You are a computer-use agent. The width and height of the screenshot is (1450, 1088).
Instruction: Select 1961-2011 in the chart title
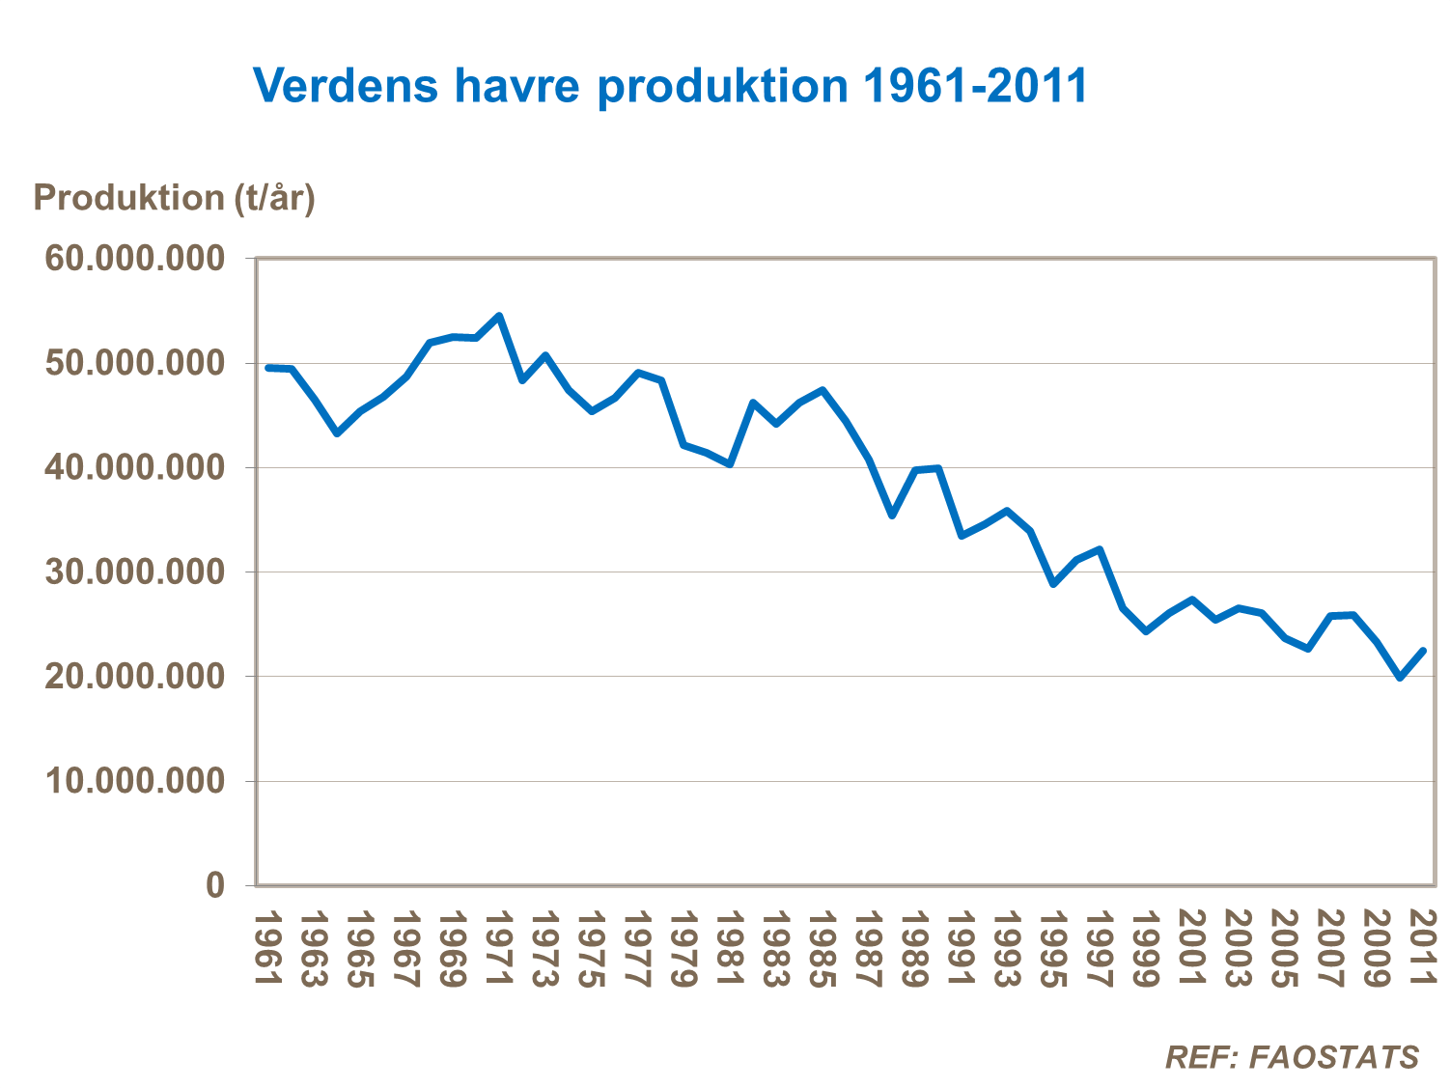[x=975, y=86]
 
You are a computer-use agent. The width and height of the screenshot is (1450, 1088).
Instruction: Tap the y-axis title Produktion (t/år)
[x=175, y=198]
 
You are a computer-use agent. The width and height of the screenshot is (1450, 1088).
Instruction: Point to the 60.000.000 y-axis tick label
[x=134, y=259]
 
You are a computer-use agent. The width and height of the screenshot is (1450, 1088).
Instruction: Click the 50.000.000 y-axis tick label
[x=134, y=363]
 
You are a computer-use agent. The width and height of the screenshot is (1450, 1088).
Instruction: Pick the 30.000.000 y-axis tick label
[x=134, y=572]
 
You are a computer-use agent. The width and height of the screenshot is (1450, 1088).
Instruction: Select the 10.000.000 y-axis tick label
[x=134, y=780]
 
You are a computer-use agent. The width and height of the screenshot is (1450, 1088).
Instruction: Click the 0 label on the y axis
[x=214, y=884]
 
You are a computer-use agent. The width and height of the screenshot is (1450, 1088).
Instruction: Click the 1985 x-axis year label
[x=822, y=948]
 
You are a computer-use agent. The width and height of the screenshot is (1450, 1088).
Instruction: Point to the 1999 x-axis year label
[x=1145, y=948]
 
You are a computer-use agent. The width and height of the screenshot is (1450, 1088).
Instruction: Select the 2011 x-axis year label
[x=1423, y=948]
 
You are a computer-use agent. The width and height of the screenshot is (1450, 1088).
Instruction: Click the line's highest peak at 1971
[x=499, y=316]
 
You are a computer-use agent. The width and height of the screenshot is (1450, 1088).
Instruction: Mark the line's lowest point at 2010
[x=1400, y=678]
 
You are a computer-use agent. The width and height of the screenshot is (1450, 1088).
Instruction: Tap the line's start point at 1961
[x=267, y=368]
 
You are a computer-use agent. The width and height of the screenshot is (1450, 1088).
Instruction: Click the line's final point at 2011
[x=1423, y=651]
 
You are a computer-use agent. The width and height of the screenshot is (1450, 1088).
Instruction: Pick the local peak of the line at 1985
[x=823, y=390]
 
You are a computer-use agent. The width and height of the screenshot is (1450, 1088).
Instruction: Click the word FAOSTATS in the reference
[x=1334, y=1057]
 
